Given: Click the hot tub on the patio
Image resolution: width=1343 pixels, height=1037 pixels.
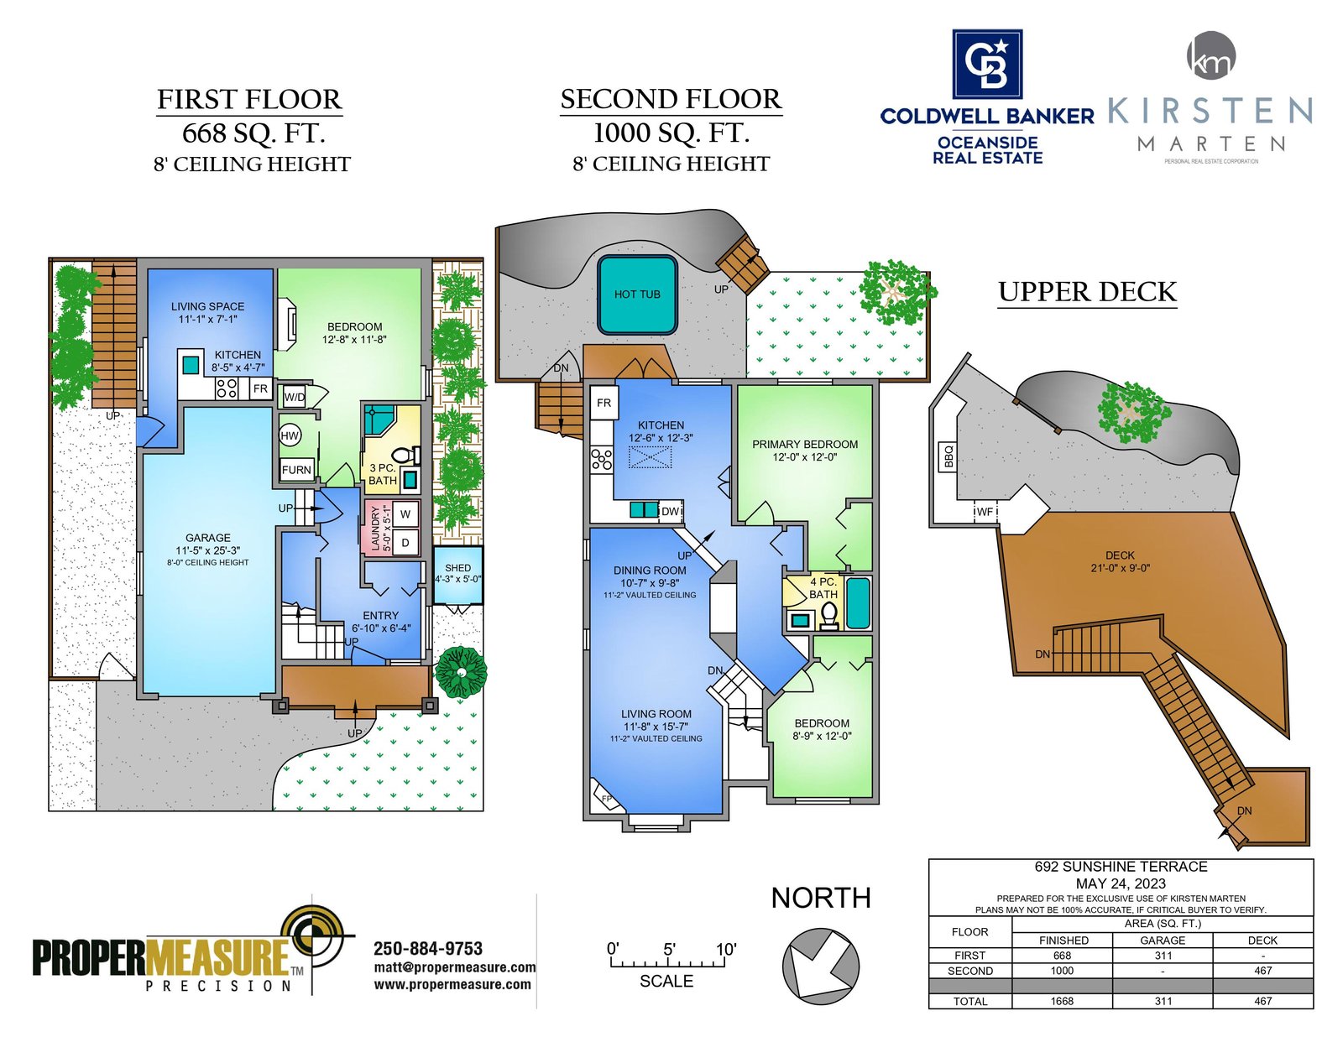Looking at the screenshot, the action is (x=636, y=294).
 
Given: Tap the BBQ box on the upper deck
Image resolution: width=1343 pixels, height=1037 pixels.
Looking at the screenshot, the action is (x=947, y=456).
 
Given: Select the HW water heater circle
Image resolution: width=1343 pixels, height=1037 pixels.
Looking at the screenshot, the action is (x=290, y=435).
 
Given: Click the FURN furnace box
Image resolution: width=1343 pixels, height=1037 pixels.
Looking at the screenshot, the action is (x=296, y=469).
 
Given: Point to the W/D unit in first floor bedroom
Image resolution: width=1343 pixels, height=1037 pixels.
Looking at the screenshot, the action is (x=295, y=397).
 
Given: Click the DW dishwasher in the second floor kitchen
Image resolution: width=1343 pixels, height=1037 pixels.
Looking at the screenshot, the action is (x=671, y=511).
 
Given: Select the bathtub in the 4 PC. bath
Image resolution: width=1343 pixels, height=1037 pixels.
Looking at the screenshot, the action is (x=858, y=602).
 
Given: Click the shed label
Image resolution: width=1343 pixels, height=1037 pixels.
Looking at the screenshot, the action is (x=458, y=568).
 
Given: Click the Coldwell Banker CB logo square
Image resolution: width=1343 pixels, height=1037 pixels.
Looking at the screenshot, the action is (x=987, y=64).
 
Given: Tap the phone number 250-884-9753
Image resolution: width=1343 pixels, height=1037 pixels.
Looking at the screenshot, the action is (x=428, y=948).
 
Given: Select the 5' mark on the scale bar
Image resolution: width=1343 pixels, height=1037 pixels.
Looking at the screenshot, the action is (x=669, y=949).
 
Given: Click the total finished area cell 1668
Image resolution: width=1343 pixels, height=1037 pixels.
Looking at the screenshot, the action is (x=1062, y=1001).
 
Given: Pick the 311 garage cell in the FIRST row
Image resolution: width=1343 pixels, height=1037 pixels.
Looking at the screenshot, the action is (x=1163, y=956).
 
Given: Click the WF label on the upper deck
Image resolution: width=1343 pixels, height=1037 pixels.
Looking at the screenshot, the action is (x=985, y=512).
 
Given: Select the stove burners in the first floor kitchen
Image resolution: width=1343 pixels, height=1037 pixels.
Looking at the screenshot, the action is (x=227, y=388).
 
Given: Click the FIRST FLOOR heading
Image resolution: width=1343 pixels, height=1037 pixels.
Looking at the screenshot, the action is (x=249, y=100).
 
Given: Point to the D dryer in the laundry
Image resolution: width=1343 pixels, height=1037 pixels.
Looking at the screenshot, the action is (x=405, y=543).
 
